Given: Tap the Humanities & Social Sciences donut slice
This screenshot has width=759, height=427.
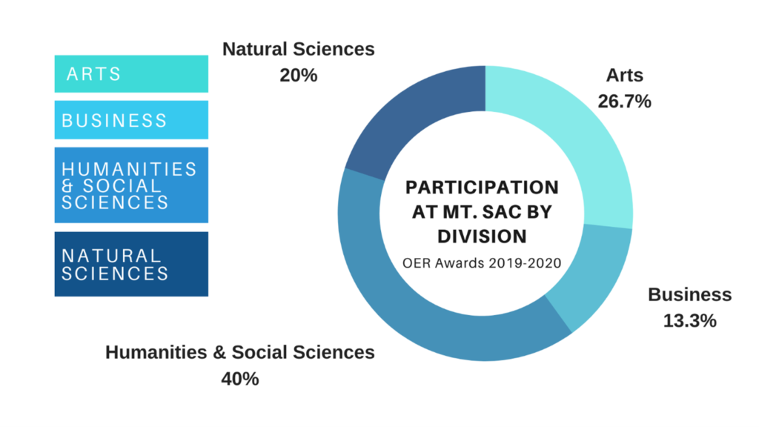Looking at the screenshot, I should [x=415, y=297].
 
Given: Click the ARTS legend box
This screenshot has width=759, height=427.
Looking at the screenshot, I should [x=131, y=74].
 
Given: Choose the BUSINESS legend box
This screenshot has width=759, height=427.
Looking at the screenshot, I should [x=131, y=120].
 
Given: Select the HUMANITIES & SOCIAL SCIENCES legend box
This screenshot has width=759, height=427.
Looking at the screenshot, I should [x=131, y=185].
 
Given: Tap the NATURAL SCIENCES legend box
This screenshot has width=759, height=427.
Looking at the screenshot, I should [x=131, y=264].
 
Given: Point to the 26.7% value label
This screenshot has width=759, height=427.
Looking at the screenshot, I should [x=624, y=102].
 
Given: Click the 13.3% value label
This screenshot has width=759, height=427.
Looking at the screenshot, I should [x=689, y=321].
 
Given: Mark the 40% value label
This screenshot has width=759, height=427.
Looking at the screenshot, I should [x=240, y=379].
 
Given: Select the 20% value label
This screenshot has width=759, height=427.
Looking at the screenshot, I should [x=299, y=75].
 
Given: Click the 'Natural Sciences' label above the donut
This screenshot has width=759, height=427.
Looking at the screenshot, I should [x=299, y=50].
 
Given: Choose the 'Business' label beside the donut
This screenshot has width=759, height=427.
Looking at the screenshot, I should [x=689, y=295].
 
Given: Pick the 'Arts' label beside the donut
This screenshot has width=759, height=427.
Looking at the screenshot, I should [x=624, y=76].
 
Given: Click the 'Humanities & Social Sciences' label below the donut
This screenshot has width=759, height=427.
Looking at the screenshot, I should [x=240, y=352].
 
